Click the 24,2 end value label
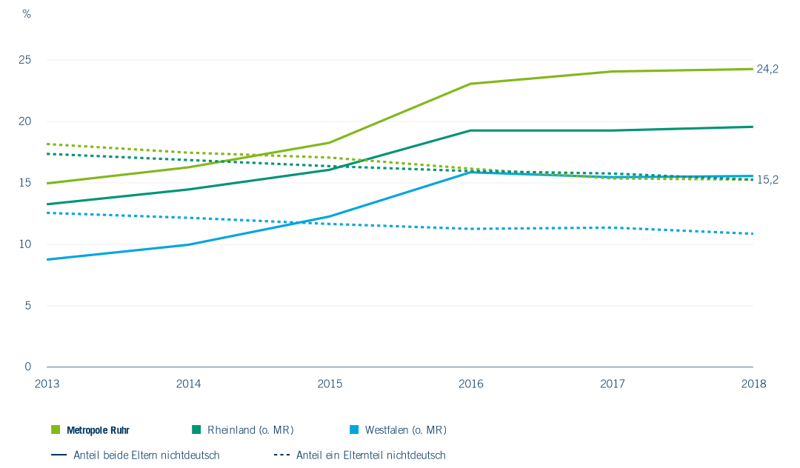767,70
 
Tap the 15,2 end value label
767,180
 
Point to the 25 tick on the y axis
25,60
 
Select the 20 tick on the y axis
25,121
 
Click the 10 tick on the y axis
25,244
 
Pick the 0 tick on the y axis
28,367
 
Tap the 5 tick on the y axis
28,305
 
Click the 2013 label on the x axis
47,384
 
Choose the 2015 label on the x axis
330,384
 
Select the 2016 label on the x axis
470,384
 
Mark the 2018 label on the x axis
753,384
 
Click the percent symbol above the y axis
27,14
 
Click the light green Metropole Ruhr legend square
56,429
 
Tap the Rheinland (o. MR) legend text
250,430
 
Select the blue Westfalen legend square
354,429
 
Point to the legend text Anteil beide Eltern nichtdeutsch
147,455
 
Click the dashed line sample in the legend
281,455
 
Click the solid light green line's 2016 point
470,84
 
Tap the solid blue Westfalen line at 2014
188,244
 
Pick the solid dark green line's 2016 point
470,130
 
